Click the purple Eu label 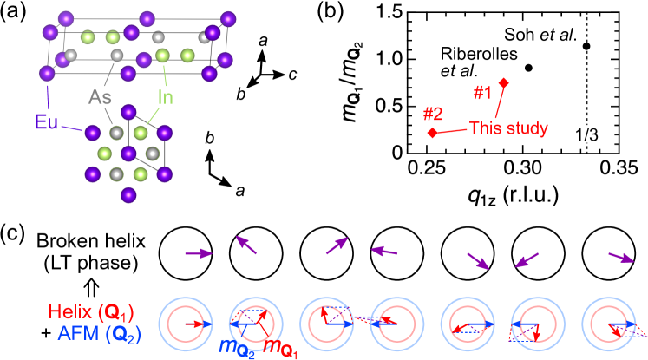pyautogui.click(x=46, y=121)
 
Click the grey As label pyautogui.click(x=101, y=96)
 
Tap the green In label pyautogui.click(x=165, y=96)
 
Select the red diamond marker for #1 pyautogui.click(x=503, y=82)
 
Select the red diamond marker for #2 pyautogui.click(x=432, y=133)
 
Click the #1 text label pyautogui.click(x=482, y=92)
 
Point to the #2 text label pyautogui.click(x=433, y=114)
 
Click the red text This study pyautogui.click(x=508, y=128)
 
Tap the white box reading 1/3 pyautogui.click(x=586, y=134)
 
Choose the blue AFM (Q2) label pyautogui.click(x=98, y=331)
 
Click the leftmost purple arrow pyautogui.click(x=199, y=253)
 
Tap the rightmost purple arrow pyautogui.click(x=621, y=257)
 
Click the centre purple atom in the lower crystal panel pyautogui.click(x=128, y=154)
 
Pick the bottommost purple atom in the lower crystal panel pyautogui.click(x=128, y=194)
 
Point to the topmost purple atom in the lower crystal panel pyautogui.click(x=128, y=111)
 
